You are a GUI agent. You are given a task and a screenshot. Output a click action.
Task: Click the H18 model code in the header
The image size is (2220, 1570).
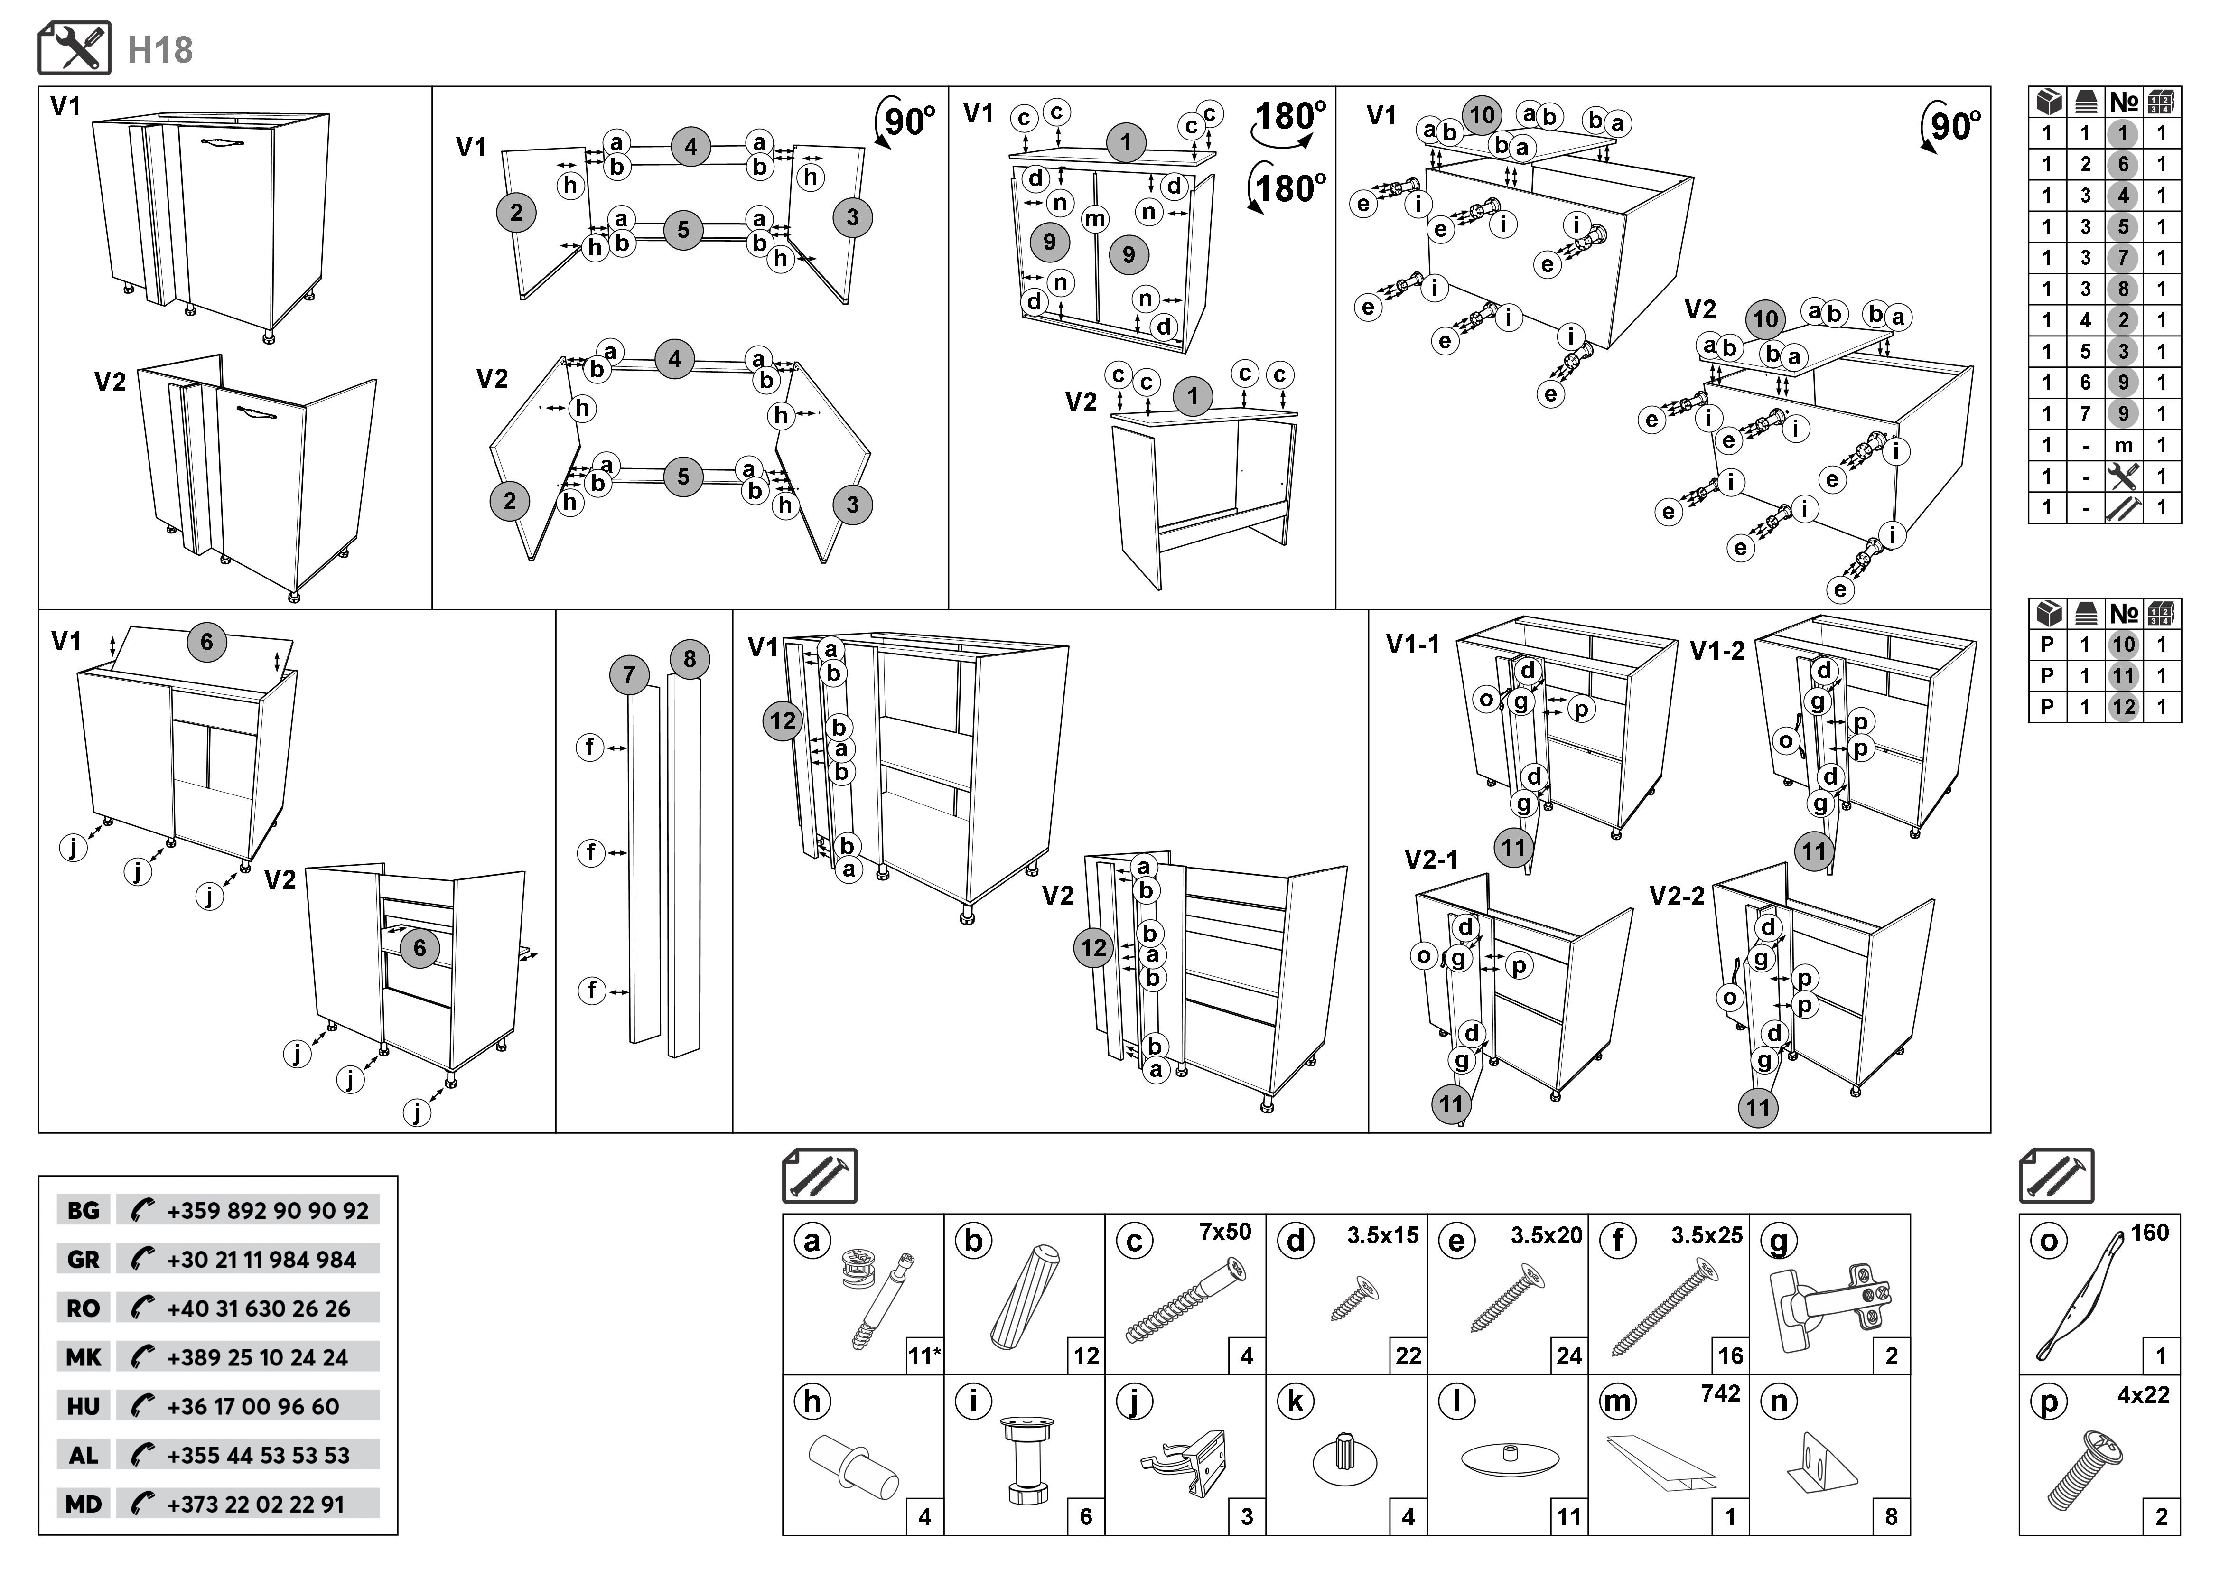[160, 50]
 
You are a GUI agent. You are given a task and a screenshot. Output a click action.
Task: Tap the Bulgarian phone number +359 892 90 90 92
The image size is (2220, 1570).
[267, 1210]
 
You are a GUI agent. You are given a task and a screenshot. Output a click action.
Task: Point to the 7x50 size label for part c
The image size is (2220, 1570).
[1225, 1232]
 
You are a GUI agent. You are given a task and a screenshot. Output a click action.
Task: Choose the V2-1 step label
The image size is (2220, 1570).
[1431, 860]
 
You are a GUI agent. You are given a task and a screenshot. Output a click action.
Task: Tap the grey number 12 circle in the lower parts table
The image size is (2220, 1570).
[2123, 707]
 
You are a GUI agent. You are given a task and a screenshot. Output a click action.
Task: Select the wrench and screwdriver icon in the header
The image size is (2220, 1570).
[75, 48]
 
